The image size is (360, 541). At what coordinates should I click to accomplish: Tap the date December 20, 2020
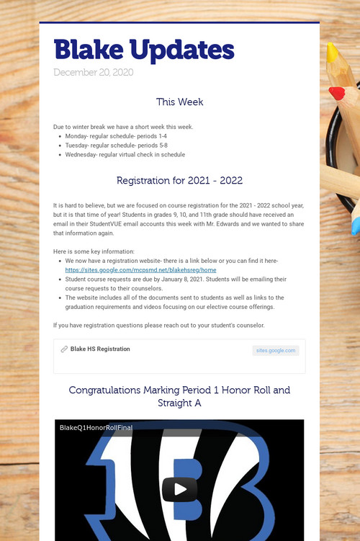pos(94,72)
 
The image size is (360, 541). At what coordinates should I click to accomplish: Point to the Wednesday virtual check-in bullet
pos(125,154)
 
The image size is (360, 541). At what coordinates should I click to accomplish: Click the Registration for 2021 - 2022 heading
pos(179,180)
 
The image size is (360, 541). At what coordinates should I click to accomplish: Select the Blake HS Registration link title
pos(100,349)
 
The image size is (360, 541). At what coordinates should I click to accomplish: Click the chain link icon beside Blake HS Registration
pos(64,349)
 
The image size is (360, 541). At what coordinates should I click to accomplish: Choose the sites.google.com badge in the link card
pos(276,351)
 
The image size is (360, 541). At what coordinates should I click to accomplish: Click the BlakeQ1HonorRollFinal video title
pos(96,427)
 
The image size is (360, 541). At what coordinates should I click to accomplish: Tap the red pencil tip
pos(337,93)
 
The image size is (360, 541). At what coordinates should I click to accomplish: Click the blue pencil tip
pos(355,226)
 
